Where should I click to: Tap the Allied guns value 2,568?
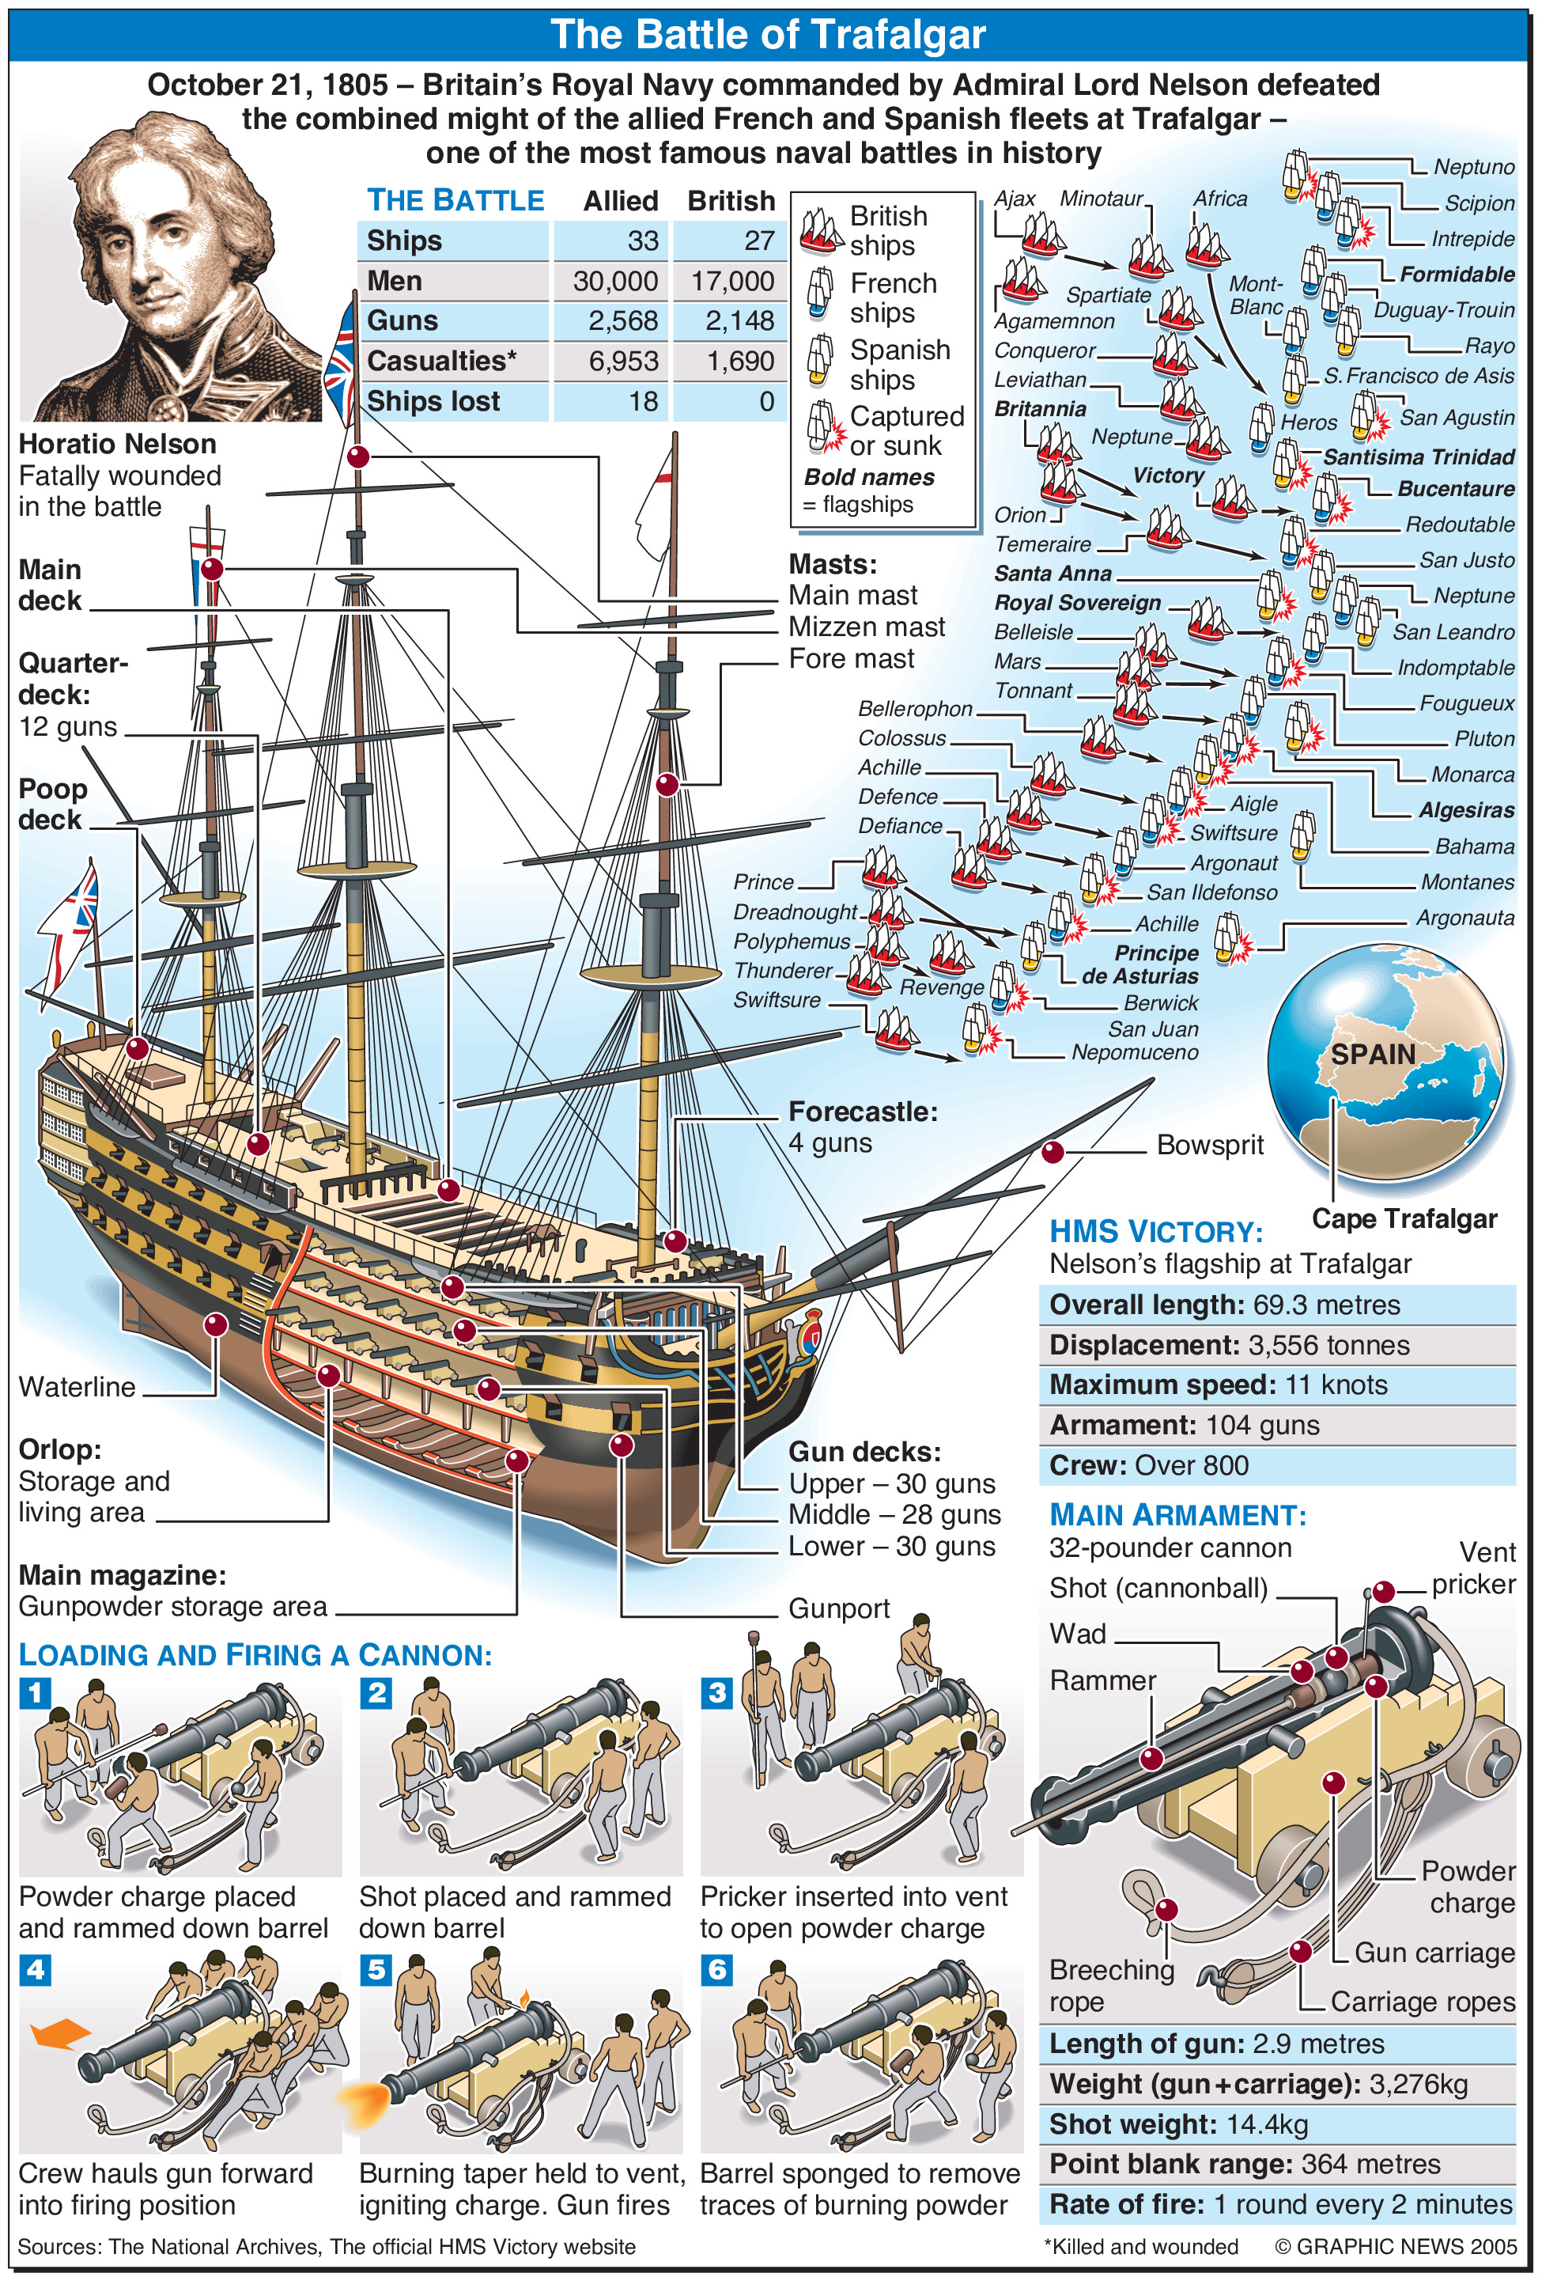point(622,320)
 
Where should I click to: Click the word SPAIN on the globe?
point(1373,1054)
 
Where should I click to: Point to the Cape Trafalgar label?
point(1404,1218)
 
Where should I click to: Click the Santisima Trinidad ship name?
point(1418,456)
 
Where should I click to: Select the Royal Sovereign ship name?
point(1077,602)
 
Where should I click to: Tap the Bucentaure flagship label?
point(1456,489)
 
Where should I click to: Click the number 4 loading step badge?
point(36,1968)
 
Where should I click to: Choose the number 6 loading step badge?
point(717,1968)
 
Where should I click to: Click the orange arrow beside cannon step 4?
point(61,2033)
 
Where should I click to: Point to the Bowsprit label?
point(1210,1145)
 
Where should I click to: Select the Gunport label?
point(839,1608)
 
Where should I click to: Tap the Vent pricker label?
point(1472,1568)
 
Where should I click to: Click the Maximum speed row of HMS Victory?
point(1276,1385)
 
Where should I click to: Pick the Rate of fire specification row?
point(1276,2204)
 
